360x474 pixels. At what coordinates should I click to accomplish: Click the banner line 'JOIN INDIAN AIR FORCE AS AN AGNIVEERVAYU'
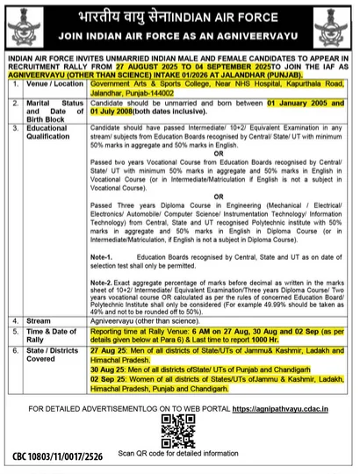click(x=180, y=39)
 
